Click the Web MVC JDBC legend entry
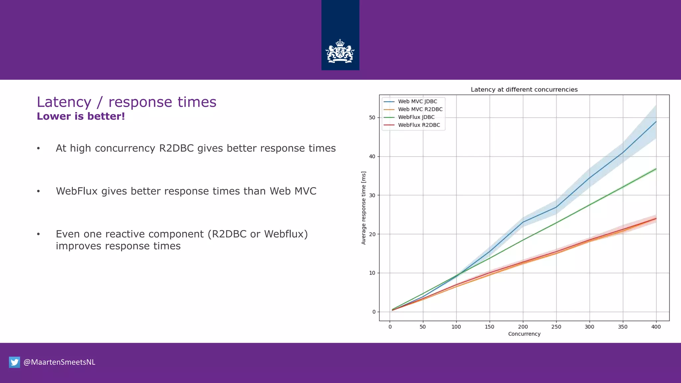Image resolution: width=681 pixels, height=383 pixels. tap(417, 101)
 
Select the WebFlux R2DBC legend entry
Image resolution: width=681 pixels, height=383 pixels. tap(419, 125)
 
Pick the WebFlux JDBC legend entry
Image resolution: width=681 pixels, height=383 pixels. tap(416, 117)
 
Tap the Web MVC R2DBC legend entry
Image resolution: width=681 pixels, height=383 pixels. tap(420, 109)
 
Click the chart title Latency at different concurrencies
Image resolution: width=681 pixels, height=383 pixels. tap(524, 89)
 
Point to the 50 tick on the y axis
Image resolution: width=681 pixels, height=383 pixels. tap(372, 117)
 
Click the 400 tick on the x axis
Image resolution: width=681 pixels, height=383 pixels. tap(656, 327)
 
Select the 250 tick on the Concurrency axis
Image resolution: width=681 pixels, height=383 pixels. tap(556, 327)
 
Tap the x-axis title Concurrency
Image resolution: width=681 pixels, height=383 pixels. tap(524, 334)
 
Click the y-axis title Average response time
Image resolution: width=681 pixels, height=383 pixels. tap(363, 208)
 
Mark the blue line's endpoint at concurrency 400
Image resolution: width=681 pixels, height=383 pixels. tap(656, 122)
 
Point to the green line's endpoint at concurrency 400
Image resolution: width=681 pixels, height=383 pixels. tap(656, 169)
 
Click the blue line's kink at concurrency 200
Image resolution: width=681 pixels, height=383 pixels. tap(523, 222)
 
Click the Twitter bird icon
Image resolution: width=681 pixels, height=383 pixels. tap(14, 362)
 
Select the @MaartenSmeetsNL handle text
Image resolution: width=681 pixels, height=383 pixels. tap(59, 362)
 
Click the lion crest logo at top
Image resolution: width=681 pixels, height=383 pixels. tap(340, 52)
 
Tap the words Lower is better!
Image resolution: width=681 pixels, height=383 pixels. tap(81, 116)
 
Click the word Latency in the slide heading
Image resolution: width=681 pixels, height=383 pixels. tap(64, 102)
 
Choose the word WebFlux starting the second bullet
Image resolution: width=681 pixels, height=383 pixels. tap(76, 191)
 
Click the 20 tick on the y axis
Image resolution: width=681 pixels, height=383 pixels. tap(372, 234)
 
